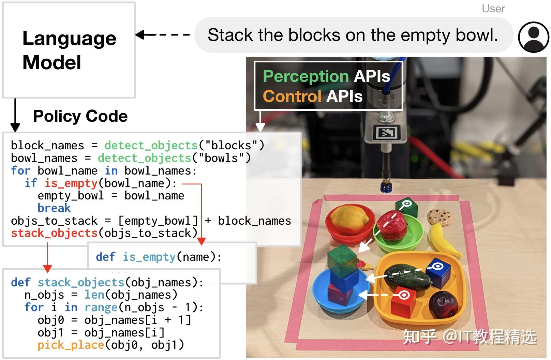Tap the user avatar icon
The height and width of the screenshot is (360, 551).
[533, 37]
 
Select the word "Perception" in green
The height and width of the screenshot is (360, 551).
[306, 76]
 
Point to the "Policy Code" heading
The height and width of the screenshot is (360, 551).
[80, 116]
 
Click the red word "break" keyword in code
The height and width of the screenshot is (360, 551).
[54, 208]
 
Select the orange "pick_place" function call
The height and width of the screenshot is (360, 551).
[71, 345]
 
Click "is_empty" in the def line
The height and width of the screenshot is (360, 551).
[149, 257]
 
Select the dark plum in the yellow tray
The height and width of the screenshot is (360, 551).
[443, 303]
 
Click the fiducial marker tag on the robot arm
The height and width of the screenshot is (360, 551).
[386, 132]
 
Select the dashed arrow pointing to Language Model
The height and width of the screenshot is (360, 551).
[162, 34]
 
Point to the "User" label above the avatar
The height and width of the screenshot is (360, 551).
[493, 9]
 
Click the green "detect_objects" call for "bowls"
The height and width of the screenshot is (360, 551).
[144, 158]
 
